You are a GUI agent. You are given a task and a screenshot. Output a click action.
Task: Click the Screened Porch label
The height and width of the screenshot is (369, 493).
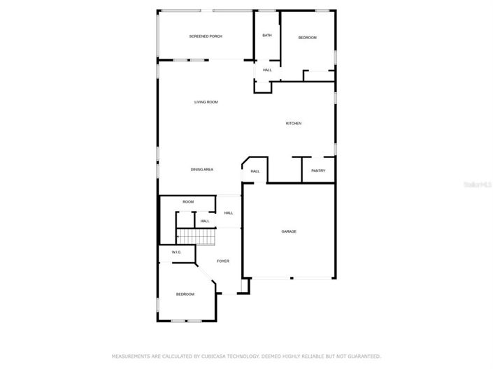pos(206,36)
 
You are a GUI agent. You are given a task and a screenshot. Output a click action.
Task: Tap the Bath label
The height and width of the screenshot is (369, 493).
pos(266,35)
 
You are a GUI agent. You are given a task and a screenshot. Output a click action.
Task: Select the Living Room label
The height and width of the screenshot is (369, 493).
pos(206,102)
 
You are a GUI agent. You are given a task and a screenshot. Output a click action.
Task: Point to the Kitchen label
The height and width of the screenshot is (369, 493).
pos(294,124)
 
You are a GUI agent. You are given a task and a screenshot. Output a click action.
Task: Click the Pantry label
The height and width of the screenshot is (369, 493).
pos(318,171)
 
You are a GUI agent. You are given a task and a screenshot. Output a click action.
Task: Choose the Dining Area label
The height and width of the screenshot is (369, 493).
pos(202,170)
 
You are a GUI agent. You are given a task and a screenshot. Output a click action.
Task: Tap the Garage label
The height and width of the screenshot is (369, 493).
pos(289,231)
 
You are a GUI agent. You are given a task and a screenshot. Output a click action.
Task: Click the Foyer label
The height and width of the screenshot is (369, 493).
pos(223,261)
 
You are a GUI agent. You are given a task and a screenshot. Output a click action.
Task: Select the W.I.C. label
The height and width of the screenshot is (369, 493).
pos(177,252)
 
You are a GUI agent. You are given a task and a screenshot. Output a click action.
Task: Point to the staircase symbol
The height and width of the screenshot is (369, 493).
pos(204,238)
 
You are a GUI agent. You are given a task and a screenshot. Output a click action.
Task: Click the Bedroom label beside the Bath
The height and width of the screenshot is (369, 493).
pos(308,37)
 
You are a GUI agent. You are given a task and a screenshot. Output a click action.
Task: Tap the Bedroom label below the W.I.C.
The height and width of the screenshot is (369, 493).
pos(185,294)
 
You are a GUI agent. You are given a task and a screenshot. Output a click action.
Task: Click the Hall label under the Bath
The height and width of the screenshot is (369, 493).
pos(267,70)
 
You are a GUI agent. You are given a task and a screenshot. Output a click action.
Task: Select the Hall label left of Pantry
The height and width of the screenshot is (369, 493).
pos(255,171)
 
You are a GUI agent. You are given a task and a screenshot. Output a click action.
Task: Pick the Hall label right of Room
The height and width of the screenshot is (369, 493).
pos(229,213)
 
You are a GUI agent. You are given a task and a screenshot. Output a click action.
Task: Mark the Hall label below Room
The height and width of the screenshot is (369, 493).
pos(205,221)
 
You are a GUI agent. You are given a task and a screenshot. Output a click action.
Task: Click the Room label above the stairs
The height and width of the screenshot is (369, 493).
pos(188,202)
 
